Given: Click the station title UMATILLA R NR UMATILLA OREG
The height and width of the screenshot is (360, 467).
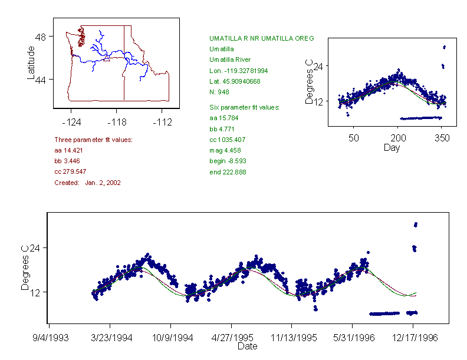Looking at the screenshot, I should point(261,38).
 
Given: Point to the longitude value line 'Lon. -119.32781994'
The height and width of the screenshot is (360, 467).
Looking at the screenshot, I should point(238,70).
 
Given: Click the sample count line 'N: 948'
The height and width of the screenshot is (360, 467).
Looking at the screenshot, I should point(219,91).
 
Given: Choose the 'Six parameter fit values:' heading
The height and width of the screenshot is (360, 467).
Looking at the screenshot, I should point(244,107).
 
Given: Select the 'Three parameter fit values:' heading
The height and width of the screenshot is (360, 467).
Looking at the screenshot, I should point(93,140).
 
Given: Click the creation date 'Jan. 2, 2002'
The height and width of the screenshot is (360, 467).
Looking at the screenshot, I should point(103,183).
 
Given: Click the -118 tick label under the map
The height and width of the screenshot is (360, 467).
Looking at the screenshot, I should point(116,123).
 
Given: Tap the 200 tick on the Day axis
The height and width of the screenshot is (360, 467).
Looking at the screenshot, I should point(398,137).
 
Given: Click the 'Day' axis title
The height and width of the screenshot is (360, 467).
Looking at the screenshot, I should point(392,147).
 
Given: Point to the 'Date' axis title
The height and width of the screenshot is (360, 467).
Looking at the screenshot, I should point(247,346).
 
